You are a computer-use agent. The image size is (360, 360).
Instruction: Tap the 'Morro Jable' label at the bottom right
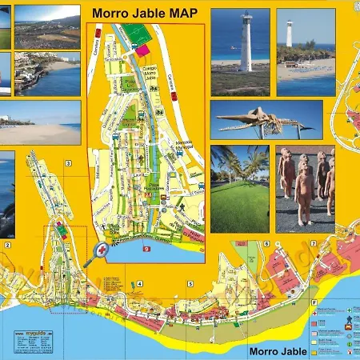click(278, 350)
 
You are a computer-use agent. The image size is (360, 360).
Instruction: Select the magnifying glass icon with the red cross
click(102, 251)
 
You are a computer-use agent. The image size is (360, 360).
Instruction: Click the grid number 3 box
click(69, 163)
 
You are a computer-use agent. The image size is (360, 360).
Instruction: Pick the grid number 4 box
click(139, 283)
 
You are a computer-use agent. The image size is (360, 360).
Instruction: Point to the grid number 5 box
click(191, 283)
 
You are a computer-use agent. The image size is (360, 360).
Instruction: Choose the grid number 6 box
click(266, 244)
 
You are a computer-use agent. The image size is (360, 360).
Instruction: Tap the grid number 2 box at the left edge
click(6, 245)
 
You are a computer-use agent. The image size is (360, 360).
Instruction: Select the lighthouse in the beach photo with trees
click(289, 34)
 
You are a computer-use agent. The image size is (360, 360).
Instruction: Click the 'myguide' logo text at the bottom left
click(28, 334)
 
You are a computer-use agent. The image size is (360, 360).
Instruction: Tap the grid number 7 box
click(314, 243)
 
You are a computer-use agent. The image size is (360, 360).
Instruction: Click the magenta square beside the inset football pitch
click(142, 50)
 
